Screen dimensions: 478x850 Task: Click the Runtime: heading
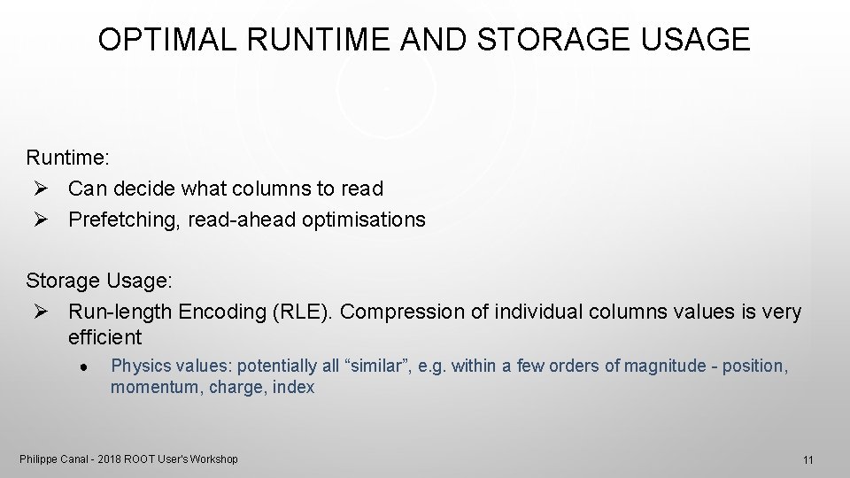click(x=68, y=158)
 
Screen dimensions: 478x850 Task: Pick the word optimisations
click(x=363, y=220)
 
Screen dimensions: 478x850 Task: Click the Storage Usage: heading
click(x=99, y=281)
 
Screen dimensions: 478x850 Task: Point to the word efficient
click(x=104, y=337)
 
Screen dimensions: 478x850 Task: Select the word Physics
click(x=138, y=366)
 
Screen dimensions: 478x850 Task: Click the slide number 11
click(x=807, y=460)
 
